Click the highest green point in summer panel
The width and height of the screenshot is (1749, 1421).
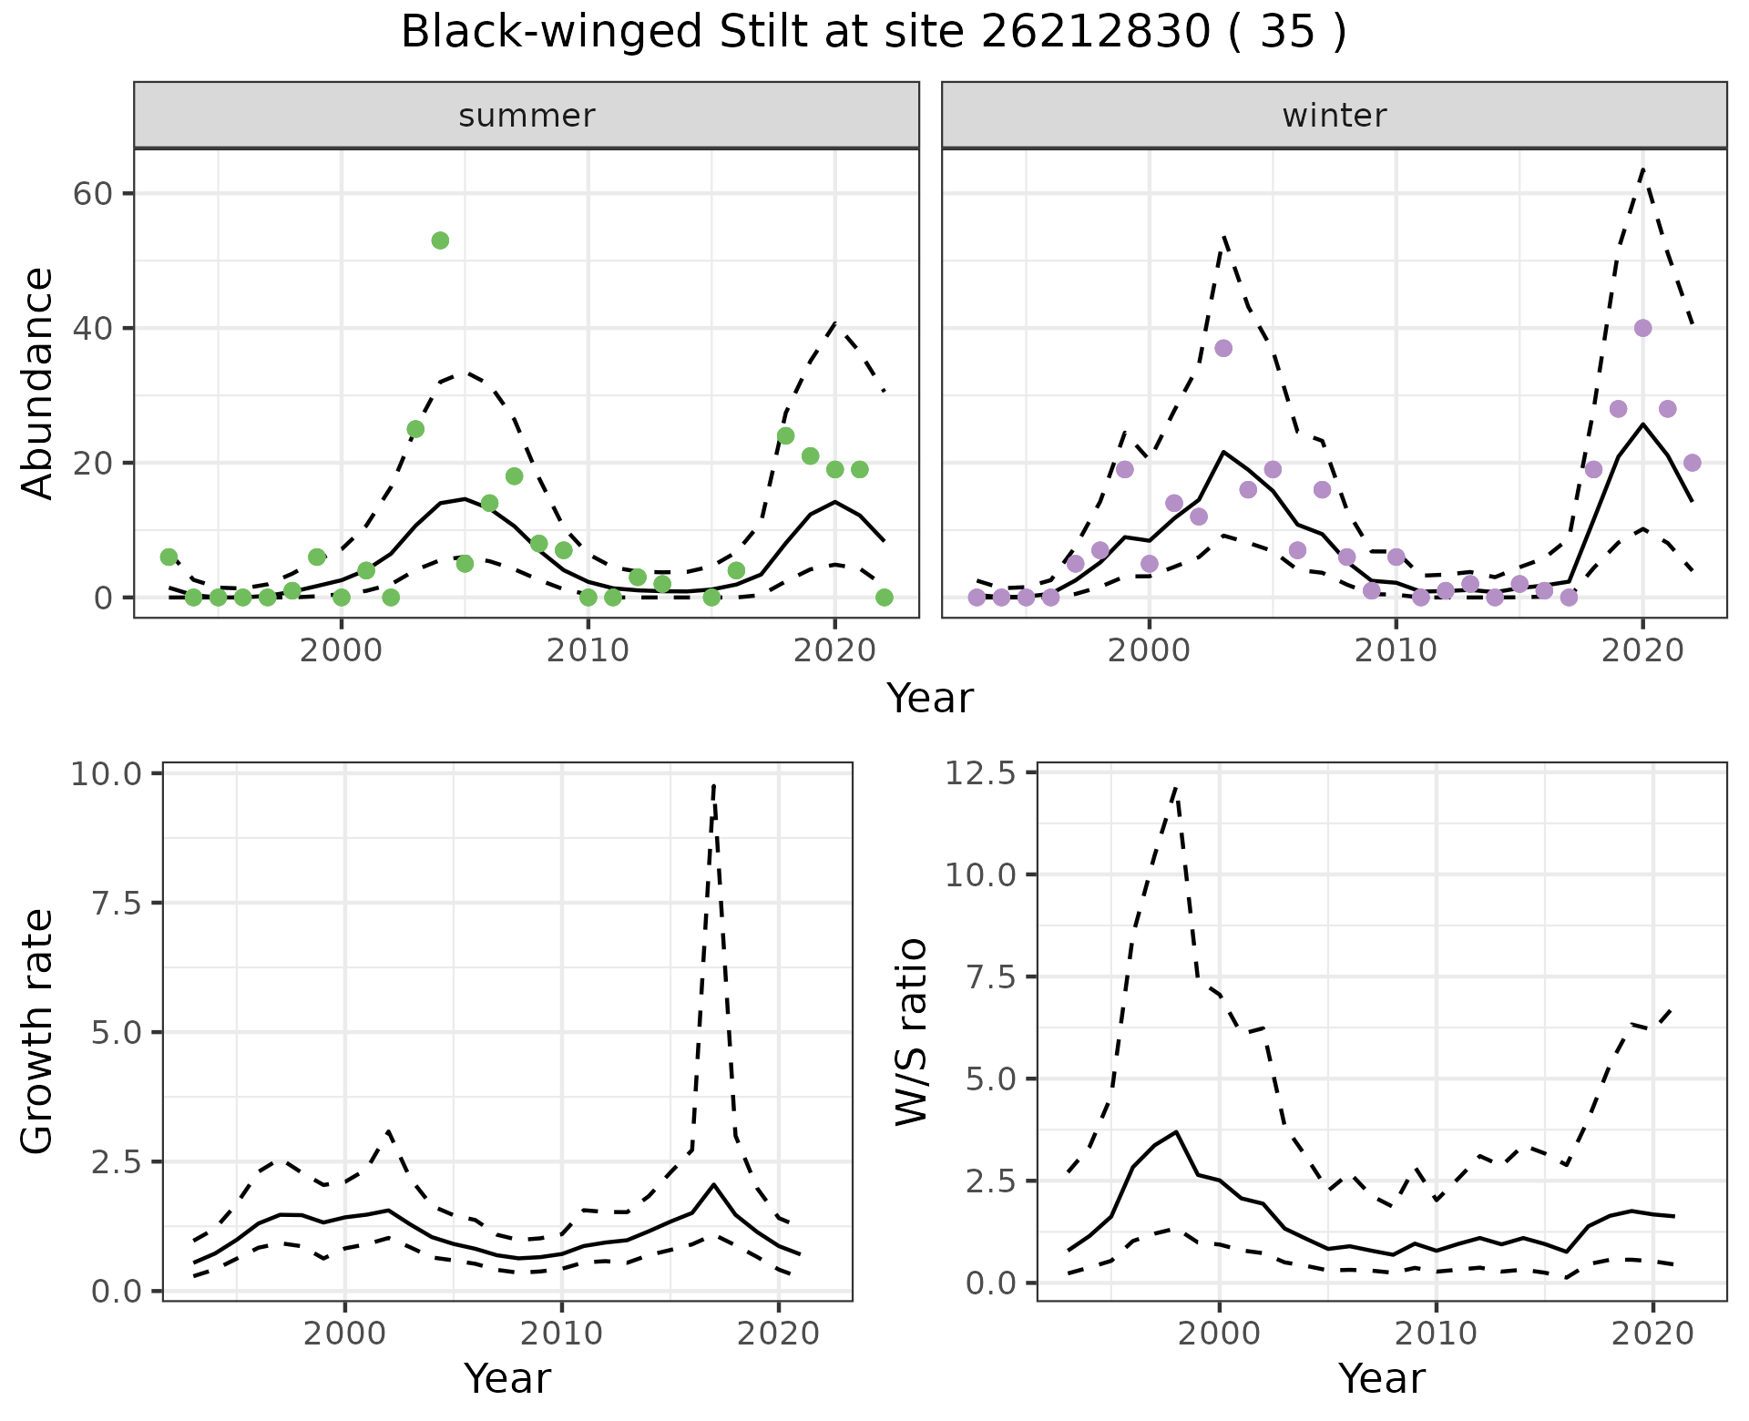pyautogui.click(x=440, y=240)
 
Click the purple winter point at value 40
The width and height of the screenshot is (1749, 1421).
pyautogui.click(x=1642, y=328)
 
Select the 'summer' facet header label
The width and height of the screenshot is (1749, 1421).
pyautogui.click(x=527, y=116)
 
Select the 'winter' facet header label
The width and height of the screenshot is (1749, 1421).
pyautogui.click(x=1334, y=116)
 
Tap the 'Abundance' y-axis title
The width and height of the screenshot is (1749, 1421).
pyautogui.click(x=37, y=383)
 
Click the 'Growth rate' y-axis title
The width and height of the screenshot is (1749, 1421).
pyautogui.click(x=37, y=1031)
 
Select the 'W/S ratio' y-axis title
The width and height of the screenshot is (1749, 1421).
pyautogui.click(x=912, y=1031)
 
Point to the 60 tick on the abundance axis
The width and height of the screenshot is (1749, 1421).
pyautogui.click(x=98, y=194)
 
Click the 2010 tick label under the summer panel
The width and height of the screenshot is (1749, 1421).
pyautogui.click(x=588, y=651)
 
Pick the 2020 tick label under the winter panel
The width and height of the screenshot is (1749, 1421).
pyautogui.click(x=1642, y=651)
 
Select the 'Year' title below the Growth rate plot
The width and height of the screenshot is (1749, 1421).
pyautogui.click(x=507, y=1378)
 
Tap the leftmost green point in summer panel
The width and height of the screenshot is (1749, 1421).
pyautogui.click(x=169, y=557)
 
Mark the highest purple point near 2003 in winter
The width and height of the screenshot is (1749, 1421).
pyautogui.click(x=1223, y=348)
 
